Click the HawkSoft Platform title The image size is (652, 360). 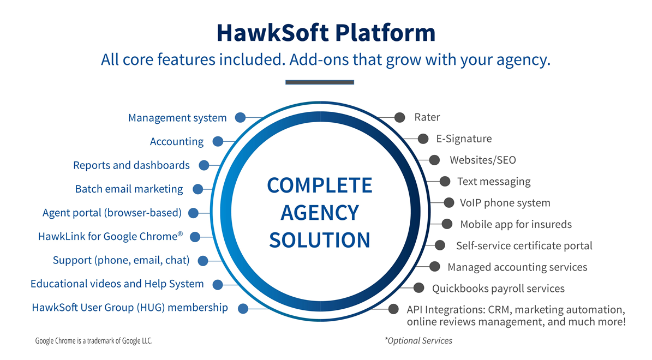coord(326,33)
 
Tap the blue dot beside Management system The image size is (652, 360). coord(241,118)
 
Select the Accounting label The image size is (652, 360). coord(177,142)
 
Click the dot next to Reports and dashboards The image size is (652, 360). coord(204,165)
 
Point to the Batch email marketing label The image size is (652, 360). coord(129,189)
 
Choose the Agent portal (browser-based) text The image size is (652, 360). coord(112,213)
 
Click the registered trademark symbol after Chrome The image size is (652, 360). coord(180,233)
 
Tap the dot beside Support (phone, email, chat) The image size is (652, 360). coord(203,261)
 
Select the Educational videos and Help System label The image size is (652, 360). coord(117,284)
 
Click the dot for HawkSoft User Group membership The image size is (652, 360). coord(243,308)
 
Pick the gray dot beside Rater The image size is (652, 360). coord(399,118)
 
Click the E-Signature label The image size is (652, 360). coord(464,139)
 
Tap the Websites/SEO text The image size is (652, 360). coord(483,160)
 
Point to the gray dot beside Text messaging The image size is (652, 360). coord(445,181)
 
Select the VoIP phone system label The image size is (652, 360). coord(505,203)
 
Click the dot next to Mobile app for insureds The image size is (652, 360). coord(447,224)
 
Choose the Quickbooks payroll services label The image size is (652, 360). coord(498,289)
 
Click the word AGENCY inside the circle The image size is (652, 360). coord(320,213)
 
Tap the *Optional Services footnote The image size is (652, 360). coord(418,341)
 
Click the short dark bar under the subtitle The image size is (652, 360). coord(320,82)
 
